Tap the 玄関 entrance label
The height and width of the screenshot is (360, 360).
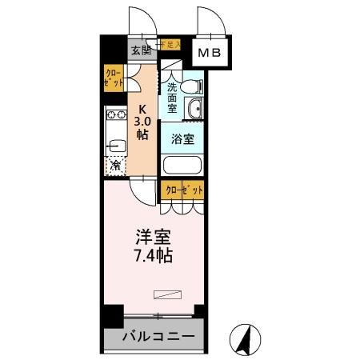(141, 50)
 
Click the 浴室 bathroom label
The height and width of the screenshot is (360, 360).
(182, 138)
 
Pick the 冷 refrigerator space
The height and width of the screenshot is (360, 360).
(116, 166)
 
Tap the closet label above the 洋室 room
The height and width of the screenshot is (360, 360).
(182, 190)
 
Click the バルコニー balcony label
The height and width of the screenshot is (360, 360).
(153, 336)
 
